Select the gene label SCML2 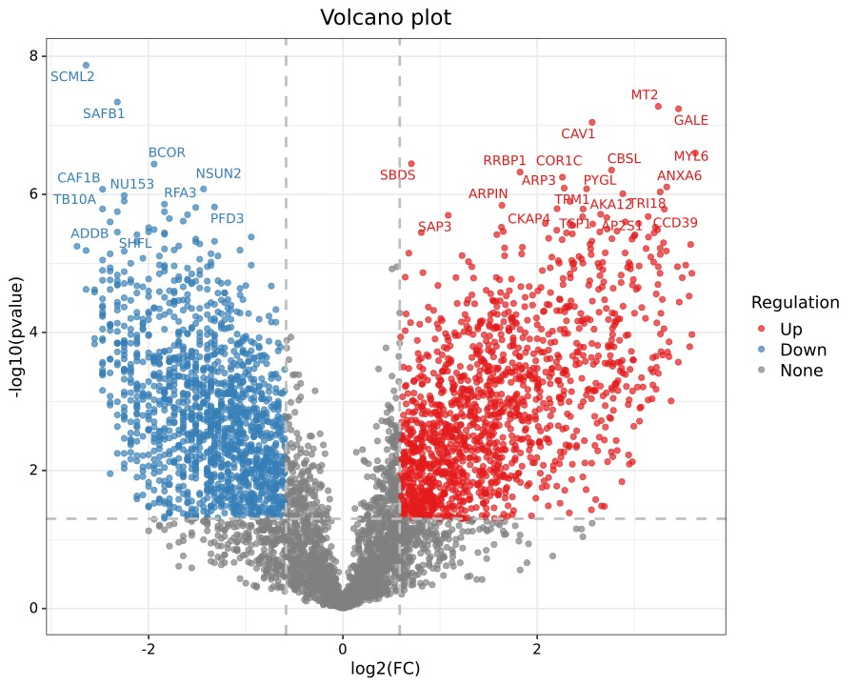point(72,77)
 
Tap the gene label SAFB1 point(104,113)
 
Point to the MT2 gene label point(645,95)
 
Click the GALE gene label point(691,121)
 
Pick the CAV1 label point(578,134)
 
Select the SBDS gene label point(398,175)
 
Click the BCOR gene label point(167,153)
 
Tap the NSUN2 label point(219,174)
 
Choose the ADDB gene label point(90,234)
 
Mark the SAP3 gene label point(435,227)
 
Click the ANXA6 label point(680,176)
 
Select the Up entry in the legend point(791,329)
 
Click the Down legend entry point(803,350)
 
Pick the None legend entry point(801,371)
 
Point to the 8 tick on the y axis point(32,56)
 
